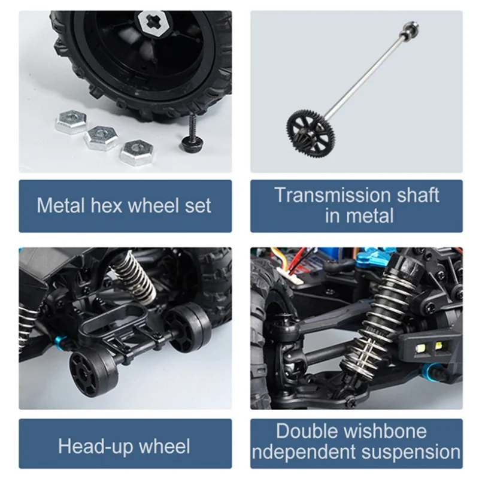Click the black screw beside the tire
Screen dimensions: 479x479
click(192, 134)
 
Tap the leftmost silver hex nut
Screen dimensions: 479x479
click(71, 122)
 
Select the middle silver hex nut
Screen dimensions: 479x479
click(101, 138)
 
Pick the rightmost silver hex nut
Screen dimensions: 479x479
click(137, 152)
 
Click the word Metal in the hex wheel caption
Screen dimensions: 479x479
click(61, 205)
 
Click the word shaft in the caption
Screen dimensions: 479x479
click(418, 195)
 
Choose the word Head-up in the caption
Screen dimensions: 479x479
click(95, 447)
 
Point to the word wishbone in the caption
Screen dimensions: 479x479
click(385, 431)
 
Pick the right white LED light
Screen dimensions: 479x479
click(439, 345)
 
